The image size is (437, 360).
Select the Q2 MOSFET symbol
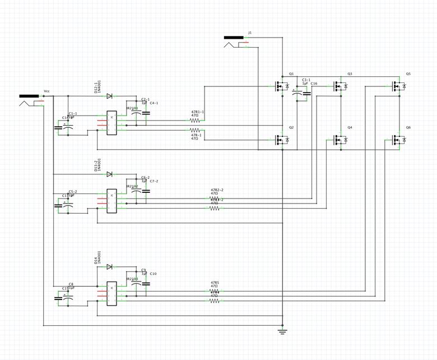coord(281,139)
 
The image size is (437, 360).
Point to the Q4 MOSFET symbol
coord(340,139)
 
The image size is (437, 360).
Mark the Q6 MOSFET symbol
coord(399,139)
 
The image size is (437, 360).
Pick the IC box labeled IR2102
coord(111,200)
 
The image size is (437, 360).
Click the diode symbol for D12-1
coord(109,96)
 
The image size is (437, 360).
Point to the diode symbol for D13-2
coord(109,174)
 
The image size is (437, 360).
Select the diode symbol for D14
coord(109,266)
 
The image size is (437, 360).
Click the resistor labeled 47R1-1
coord(196,120)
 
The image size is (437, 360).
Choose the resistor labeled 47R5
coord(215,291)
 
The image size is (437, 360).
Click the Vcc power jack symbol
coord(31,99)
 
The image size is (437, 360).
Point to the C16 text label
coord(314,84)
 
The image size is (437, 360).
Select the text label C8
coord(71,284)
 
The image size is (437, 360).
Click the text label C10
coord(154,274)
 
